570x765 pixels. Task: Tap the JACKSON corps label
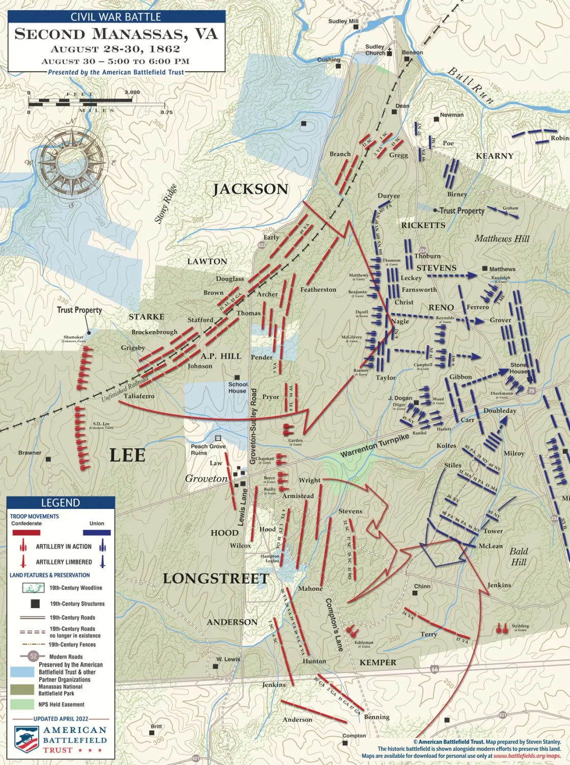tap(250, 189)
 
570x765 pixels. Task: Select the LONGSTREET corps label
tap(216, 579)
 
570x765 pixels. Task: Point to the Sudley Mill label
tap(343, 21)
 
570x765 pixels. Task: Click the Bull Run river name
tap(470, 86)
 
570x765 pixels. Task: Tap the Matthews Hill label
tap(502, 238)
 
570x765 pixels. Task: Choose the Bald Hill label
tap(519, 556)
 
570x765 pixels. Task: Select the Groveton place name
tap(206, 478)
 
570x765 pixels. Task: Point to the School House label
tap(238, 388)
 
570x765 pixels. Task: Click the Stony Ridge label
tap(165, 203)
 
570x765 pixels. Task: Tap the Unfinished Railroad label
tap(125, 390)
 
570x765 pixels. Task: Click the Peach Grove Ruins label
tap(208, 449)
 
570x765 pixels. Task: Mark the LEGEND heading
tap(60, 503)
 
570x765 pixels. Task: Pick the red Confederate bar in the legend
tap(26, 532)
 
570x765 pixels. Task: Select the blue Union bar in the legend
tap(97, 532)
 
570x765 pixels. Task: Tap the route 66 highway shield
tap(434, 669)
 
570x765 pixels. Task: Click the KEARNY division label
tap(494, 156)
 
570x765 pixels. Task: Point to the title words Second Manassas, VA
tap(116, 34)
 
